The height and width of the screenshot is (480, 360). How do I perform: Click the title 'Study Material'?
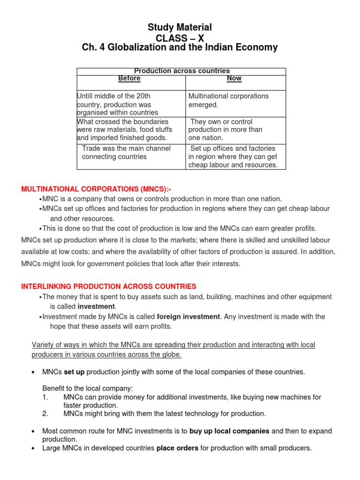tap(180, 27)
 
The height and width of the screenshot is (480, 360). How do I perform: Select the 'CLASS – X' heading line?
tap(180, 37)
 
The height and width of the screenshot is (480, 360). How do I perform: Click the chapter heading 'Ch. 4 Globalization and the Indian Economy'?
tap(180, 47)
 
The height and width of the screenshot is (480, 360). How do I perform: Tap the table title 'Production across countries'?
tap(182, 71)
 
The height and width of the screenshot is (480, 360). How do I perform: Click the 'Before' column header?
tap(129, 78)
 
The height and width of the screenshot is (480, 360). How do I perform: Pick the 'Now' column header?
tap(234, 78)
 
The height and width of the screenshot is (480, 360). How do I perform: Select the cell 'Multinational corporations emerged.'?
tap(228, 100)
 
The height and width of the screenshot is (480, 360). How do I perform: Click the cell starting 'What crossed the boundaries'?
tap(124, 130)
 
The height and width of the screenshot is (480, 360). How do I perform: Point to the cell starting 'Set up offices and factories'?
tap(232, 157)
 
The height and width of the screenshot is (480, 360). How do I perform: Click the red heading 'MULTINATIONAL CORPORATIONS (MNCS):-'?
tap(96, 189)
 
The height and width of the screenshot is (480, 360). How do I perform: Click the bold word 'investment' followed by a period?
tap(96, 307)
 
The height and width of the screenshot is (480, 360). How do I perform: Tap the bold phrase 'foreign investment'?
tap(188, 317)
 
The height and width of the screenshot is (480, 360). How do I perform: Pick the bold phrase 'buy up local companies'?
tap(230, 431)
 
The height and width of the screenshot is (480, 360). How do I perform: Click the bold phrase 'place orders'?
tap(178, 448)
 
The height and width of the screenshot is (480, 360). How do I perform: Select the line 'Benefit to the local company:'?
tap(88, 388)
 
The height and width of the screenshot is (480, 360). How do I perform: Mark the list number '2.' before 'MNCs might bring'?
tap(45, 413)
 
